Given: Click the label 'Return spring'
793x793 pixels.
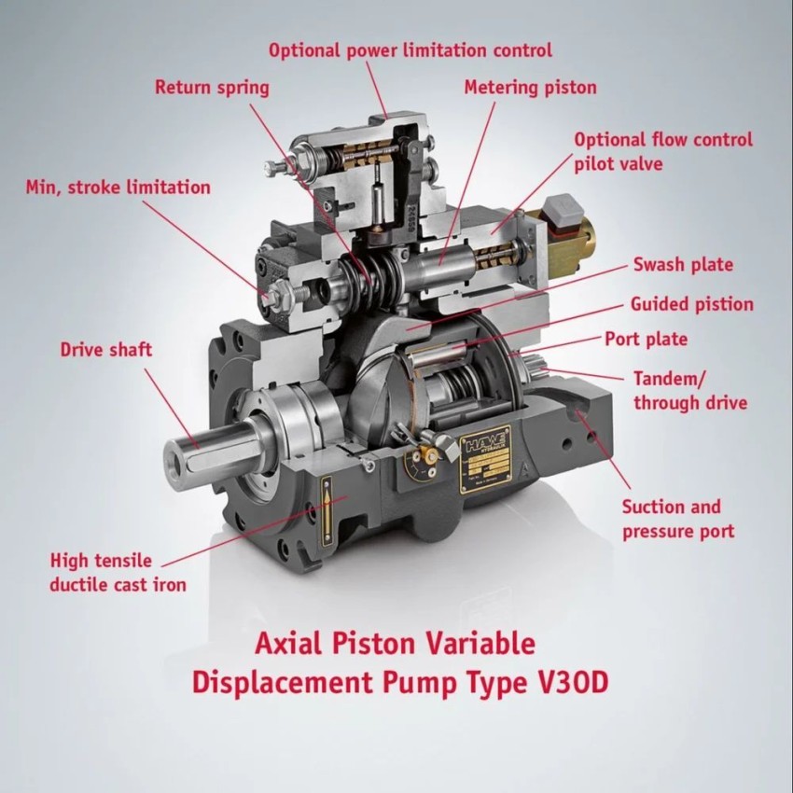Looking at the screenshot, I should click(212, 88).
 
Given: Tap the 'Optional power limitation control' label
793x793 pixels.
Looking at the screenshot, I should click(410, 50).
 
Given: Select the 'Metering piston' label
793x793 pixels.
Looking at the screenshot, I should click(530, 88).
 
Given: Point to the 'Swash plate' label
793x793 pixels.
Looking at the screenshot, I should click(683, 264).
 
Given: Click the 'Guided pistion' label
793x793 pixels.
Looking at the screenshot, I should click(691, 304).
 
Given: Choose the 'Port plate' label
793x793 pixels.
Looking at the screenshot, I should click(646, 339).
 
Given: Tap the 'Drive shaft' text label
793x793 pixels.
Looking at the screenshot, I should click(105, 350).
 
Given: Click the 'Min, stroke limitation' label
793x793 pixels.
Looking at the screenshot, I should click(118, 188).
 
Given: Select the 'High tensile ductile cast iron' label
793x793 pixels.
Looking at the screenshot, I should click(118, 573).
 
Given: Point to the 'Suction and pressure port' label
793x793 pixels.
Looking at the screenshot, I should click(677, 520).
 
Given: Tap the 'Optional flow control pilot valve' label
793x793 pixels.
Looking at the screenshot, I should click(662, 151).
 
